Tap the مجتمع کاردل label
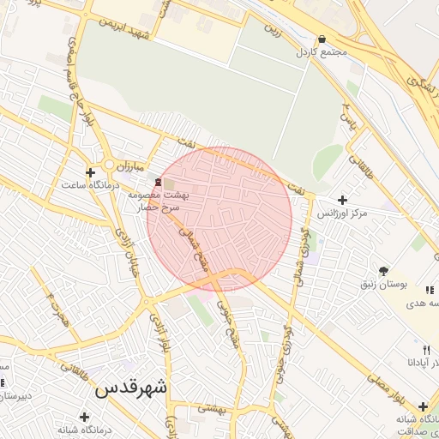point(322,53)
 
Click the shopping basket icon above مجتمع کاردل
point(322,39)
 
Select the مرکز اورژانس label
point(342,212)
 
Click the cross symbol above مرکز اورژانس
point(342,199)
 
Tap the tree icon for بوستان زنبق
point(382,270)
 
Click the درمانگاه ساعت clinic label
point(90,184)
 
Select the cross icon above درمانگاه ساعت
point(90,172)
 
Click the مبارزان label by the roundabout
point(133,164)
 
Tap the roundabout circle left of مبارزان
point(109,165)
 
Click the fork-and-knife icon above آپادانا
point(426,350)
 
